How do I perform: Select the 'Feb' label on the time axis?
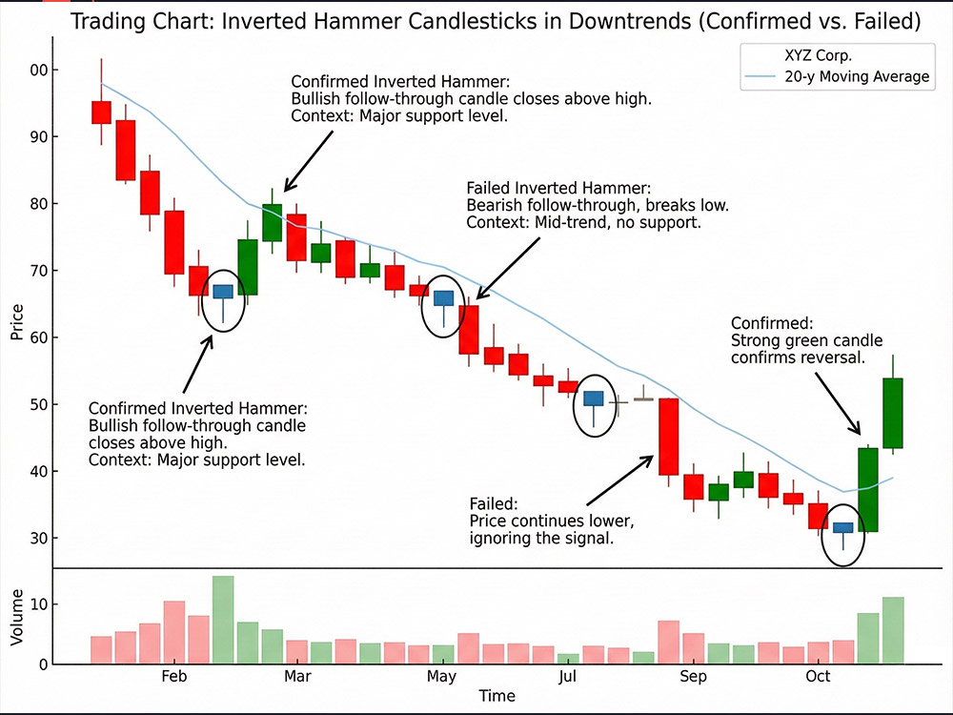coord(174,676)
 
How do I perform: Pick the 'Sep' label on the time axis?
coord(694,676)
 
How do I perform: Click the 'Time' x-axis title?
coord(497,697)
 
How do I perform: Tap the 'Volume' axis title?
coord(17,618)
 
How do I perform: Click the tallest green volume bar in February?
coord(223,620)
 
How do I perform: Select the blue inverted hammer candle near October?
coord(843,527)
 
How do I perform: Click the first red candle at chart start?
coord(101,112)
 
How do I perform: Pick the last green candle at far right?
coord(893,413)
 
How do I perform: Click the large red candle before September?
coord(669,436)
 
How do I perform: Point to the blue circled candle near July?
coord(594,398)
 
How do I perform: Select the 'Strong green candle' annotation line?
coord(806,340)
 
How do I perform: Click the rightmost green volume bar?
coord(893,630)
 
